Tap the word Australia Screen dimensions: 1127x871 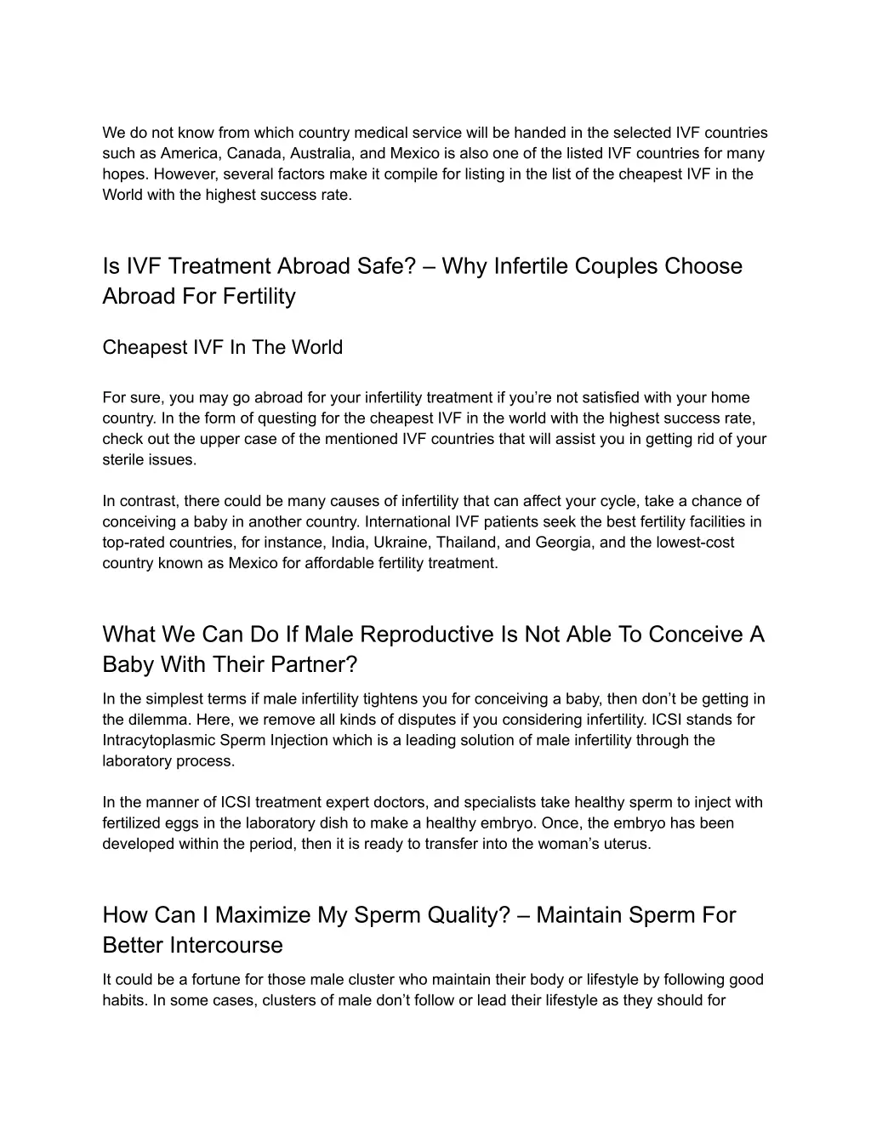[x=322, y=154]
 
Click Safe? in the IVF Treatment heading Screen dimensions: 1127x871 [x=386, y=266]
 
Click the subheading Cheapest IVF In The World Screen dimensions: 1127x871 [x=222, y=348]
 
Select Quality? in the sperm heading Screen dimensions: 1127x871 [x=464, y=915]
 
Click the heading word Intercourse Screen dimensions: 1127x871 [x=226, y=945]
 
